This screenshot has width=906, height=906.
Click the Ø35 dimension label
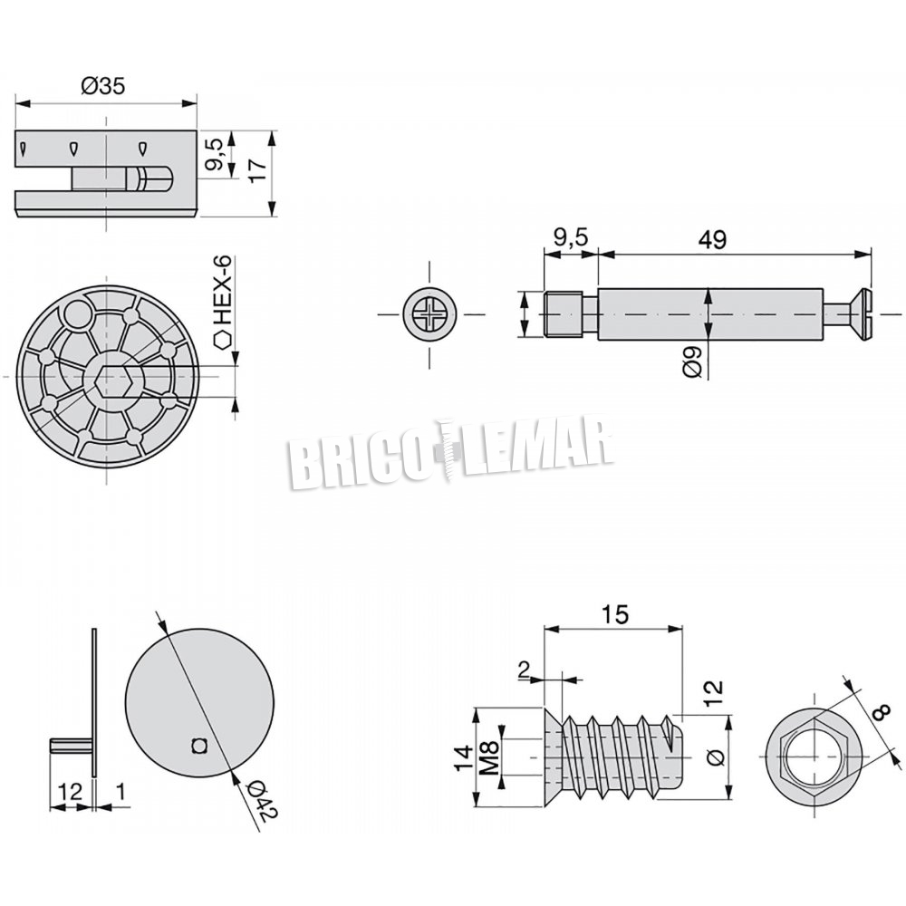click(x=103, y=87)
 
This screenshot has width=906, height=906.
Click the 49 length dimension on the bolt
click(x=712, y=239)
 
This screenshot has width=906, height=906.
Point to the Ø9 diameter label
click(x=692, y=361)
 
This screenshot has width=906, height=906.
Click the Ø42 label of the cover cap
click(x=263, y=800)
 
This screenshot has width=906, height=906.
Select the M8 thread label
click(x=489, y=757)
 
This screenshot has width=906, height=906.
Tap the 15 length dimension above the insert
click(x=615, y=615)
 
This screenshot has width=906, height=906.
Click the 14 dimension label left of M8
click(x=463, y=757)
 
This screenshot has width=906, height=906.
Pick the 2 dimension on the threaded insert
click(x=524, y=670)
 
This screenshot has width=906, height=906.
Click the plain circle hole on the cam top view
click(x=77, y=315)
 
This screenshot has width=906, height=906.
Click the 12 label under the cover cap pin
click(x=70, y=791)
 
